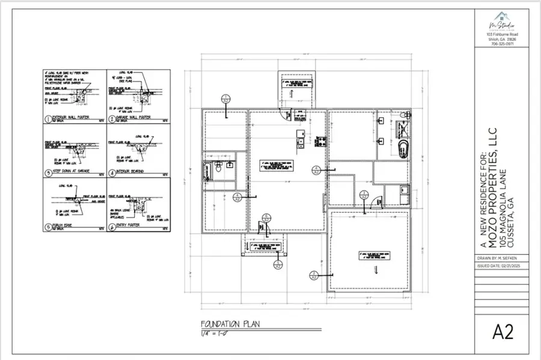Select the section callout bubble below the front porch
(x=277, y=263)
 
